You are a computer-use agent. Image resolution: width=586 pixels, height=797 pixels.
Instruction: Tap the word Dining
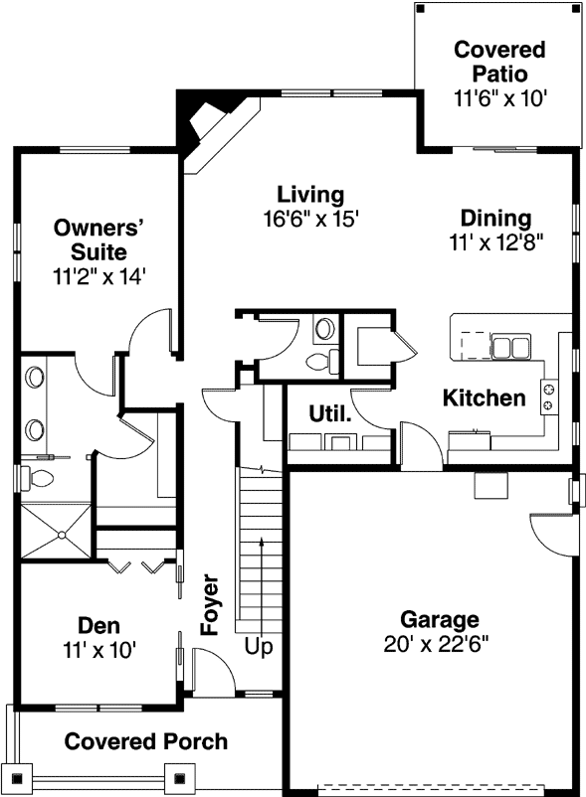point(495,218)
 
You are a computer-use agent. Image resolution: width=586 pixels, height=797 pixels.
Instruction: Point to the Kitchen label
point(484,398)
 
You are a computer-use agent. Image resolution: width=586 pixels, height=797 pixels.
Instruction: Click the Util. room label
point(329,413)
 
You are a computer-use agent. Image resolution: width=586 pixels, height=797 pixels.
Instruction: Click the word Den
point(98,625)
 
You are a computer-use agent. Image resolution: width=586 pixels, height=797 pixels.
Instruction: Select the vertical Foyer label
point(210,603)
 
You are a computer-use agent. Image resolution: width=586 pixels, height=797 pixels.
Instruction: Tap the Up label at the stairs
point(259,647)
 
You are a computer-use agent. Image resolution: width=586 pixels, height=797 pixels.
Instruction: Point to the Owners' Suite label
point(99,239)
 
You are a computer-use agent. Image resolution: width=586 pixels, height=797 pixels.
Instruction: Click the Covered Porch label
point(146,741)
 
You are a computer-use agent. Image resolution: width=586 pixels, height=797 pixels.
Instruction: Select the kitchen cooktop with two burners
point(547,398)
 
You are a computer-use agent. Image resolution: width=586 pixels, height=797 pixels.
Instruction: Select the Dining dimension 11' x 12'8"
point(501,240)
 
